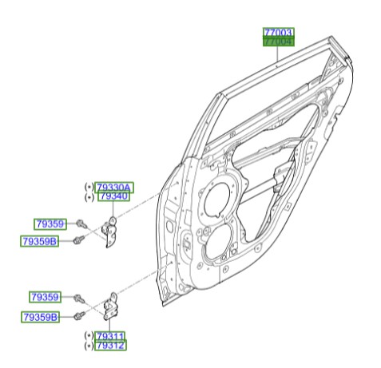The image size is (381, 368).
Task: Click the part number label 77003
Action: point(278,33)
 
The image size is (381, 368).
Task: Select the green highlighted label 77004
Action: point(278,42)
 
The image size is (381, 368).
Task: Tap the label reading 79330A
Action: point(115,188)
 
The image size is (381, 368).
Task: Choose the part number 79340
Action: point(113,197)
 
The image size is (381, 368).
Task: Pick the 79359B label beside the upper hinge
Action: point(39,240)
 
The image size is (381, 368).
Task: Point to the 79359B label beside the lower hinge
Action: point(41,317)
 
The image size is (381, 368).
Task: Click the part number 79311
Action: point(110,337)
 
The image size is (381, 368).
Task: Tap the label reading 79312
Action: point(110,346)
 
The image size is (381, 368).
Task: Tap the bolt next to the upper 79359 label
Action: point(83,225)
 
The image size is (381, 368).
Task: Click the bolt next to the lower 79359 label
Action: point(79,298)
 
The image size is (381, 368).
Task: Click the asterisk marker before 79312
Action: point(88,346)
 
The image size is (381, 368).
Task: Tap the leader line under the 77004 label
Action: point(278,56)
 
